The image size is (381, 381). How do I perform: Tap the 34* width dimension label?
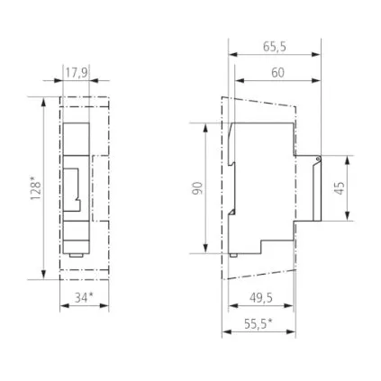pyautogui.click(x=84, y=296)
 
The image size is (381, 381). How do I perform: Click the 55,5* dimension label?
pyautogui.click(x=259, y=323)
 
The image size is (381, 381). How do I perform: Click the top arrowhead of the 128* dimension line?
pyautogui.click(x=43, y=100)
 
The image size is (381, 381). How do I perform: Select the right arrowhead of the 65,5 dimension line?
pyautogui.click(x=319, y=54)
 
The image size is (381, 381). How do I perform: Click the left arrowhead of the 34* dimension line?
pyautogui.click(x=62, y=306)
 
